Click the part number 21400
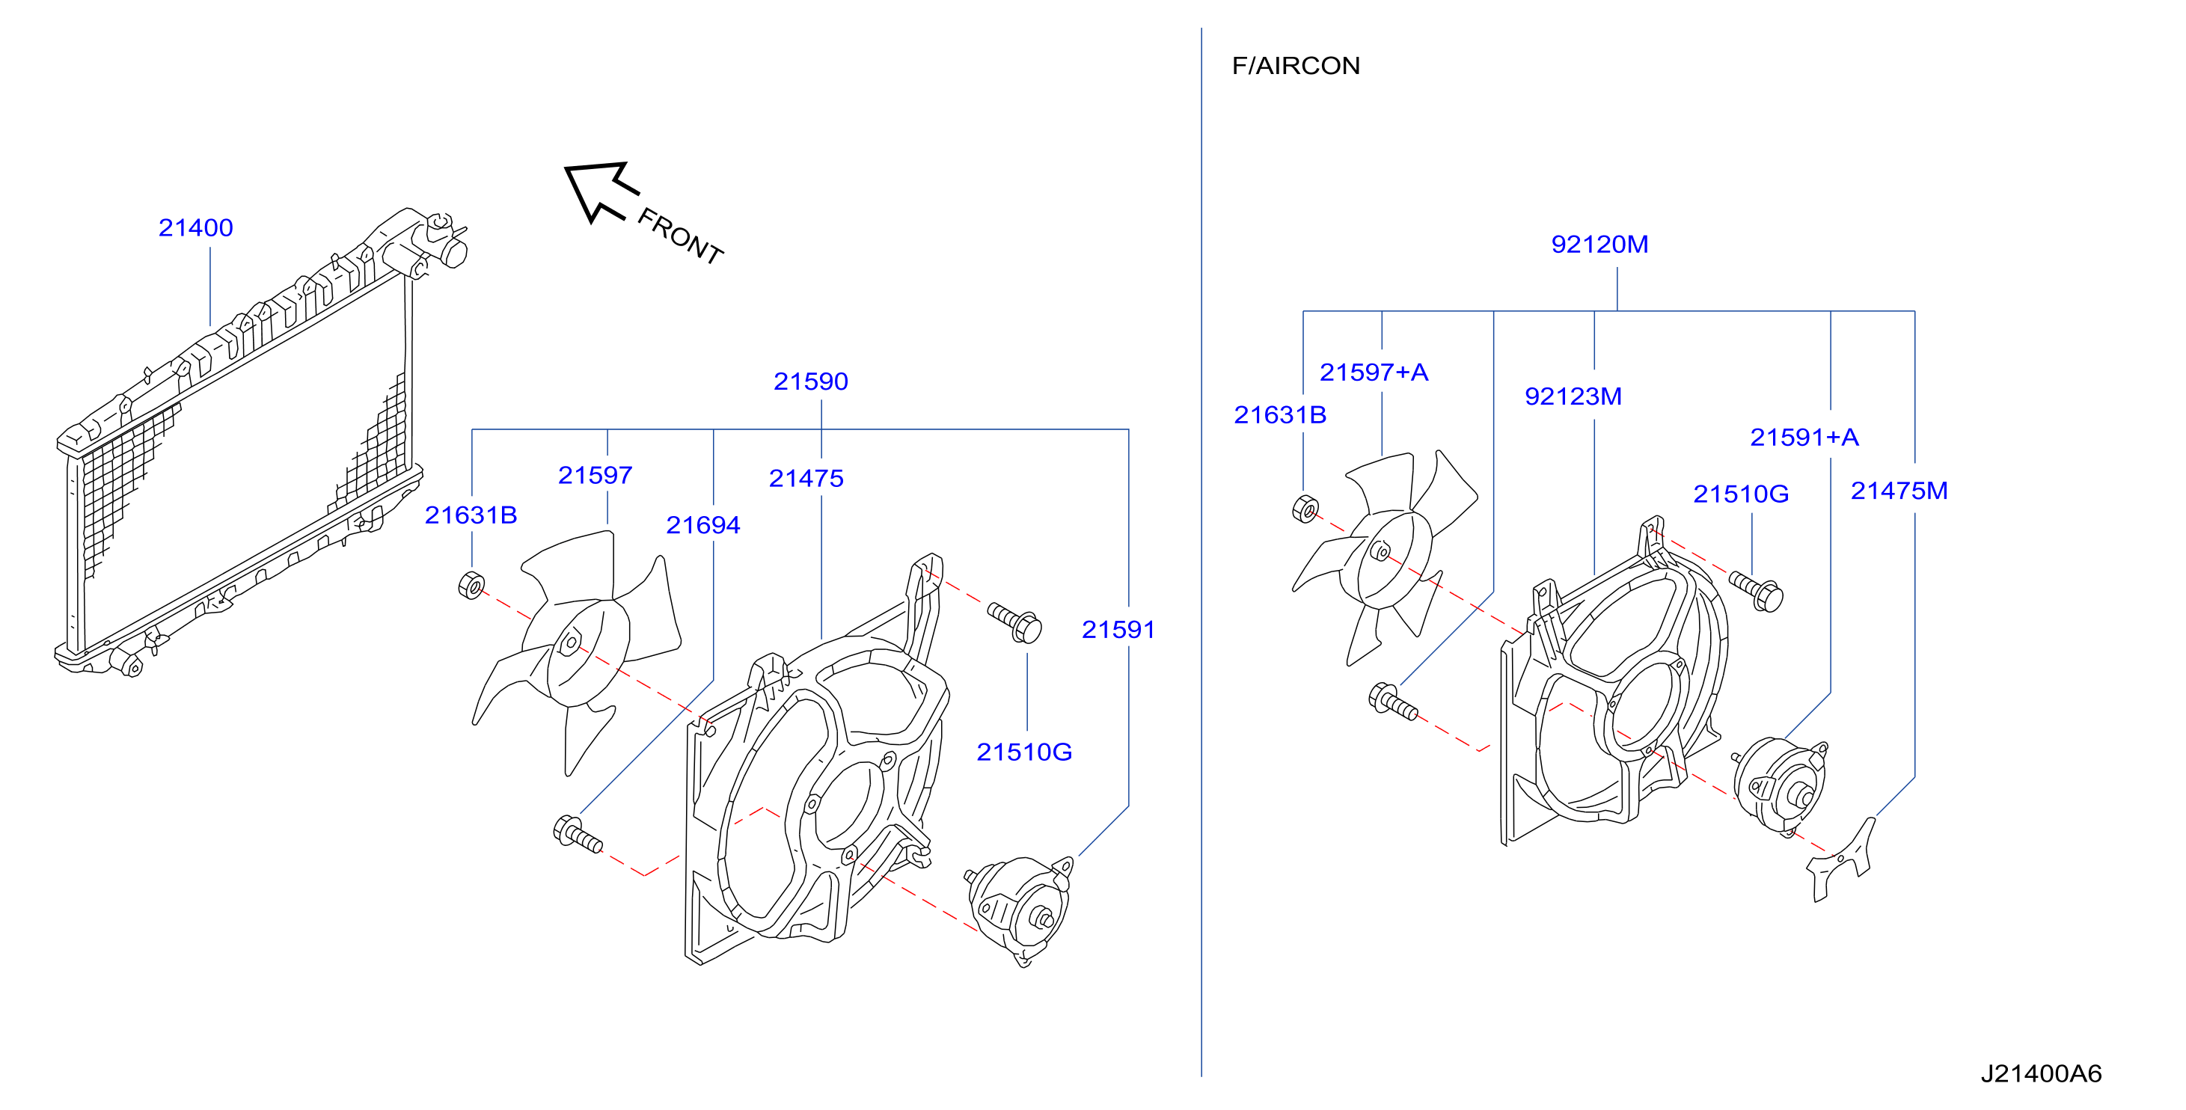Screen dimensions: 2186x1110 point(195,227)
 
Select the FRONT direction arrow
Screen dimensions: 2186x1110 point(600,191)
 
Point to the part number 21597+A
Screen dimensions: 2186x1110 point(1374,372)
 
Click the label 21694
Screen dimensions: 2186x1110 point(702,525)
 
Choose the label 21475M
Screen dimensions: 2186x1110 point(1899,491)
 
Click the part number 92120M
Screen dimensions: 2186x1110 point(1599,245)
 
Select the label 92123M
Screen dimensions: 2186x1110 point(1573,396)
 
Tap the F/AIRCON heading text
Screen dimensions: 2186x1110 point(1296,65)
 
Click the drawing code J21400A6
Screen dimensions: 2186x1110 point(2041,1073)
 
